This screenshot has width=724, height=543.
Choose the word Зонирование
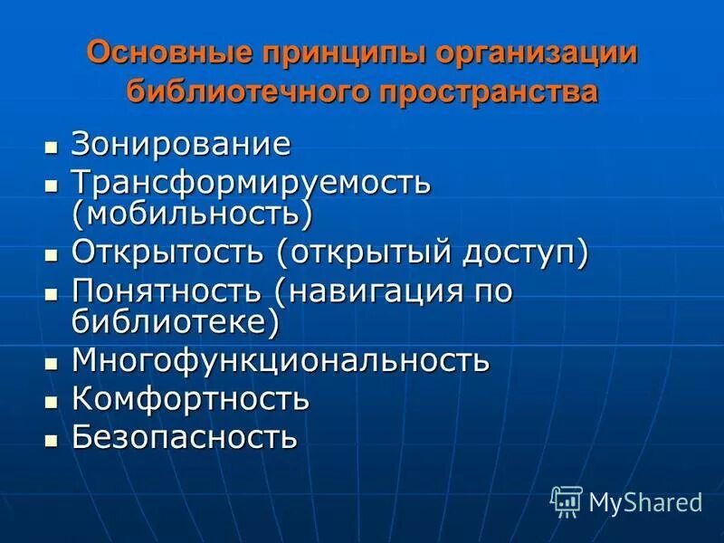(182, 143)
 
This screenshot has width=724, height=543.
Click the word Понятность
(167, 292)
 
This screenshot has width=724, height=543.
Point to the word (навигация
(364, 292)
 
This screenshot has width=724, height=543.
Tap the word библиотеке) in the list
(176, 321)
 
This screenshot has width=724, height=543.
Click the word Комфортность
(191, 398)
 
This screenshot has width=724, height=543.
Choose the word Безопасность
(185, 438)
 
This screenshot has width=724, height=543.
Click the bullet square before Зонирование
(51, 146)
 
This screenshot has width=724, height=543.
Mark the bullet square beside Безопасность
(51, 441)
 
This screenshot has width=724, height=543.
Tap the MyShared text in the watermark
(644, 501)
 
